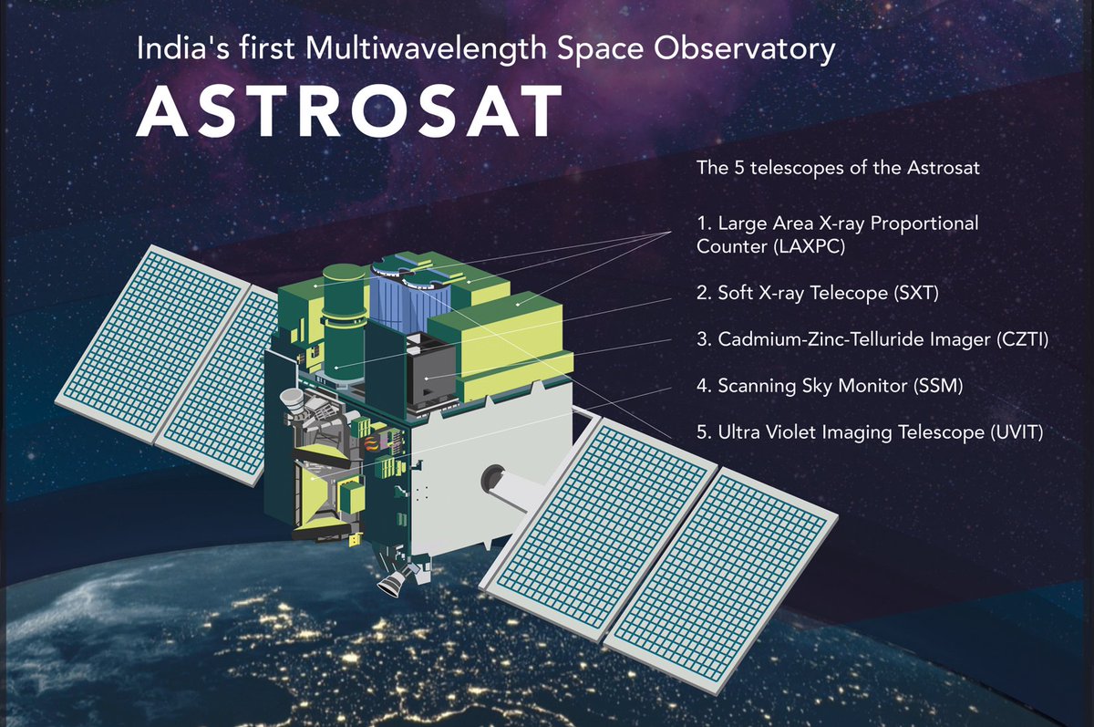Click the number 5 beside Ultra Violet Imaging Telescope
click(x=702, y=433)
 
